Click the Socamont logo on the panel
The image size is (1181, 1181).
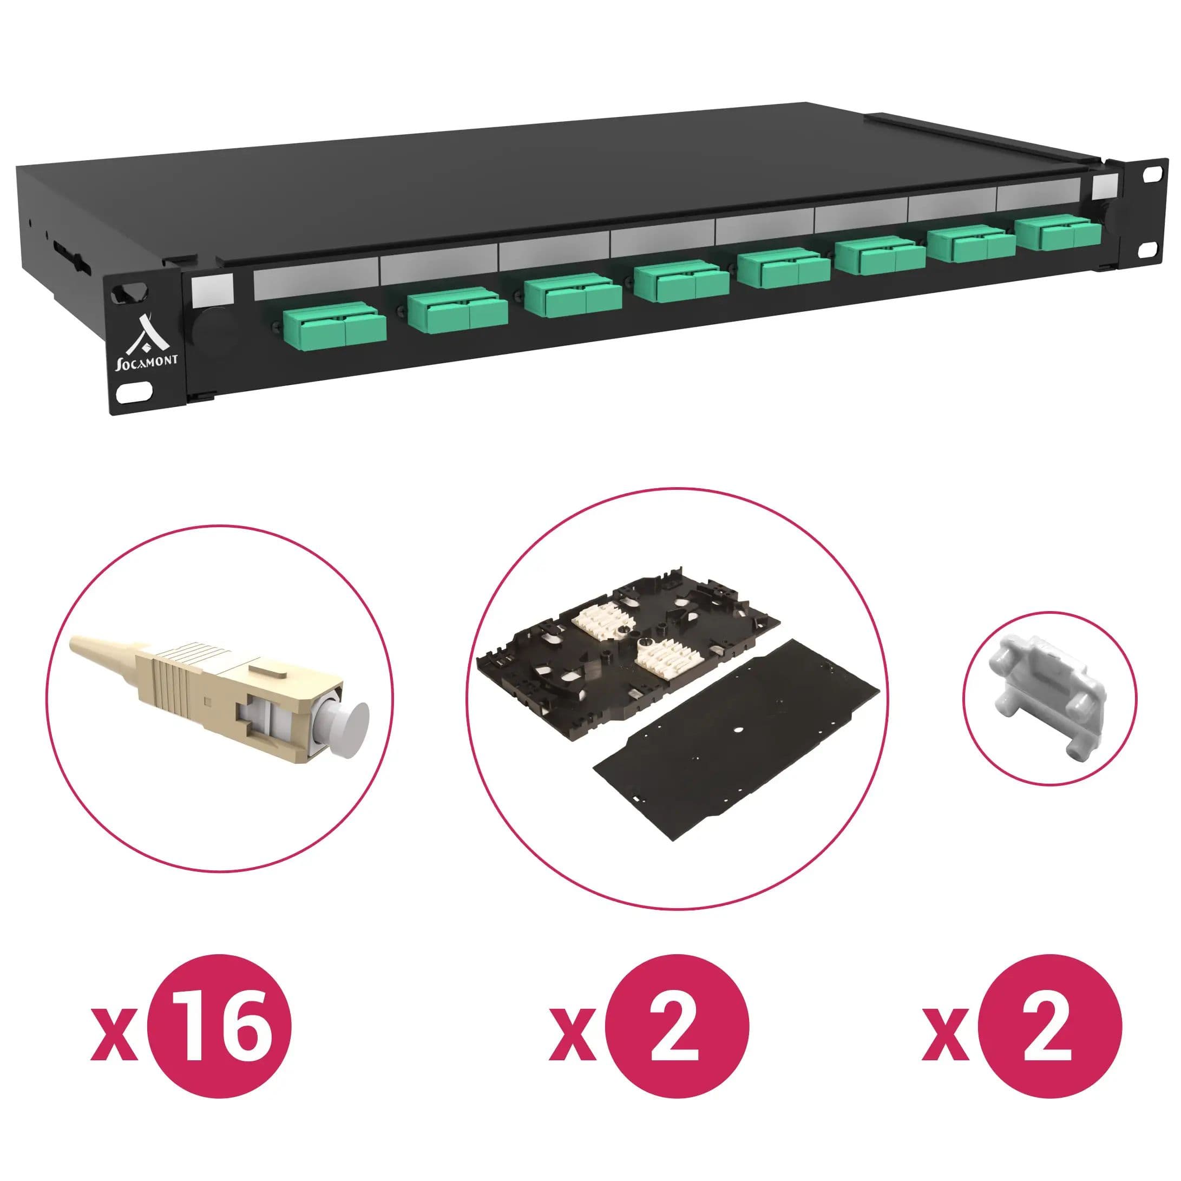coord(147,342)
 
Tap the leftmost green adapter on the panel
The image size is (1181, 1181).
coord(334,328)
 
